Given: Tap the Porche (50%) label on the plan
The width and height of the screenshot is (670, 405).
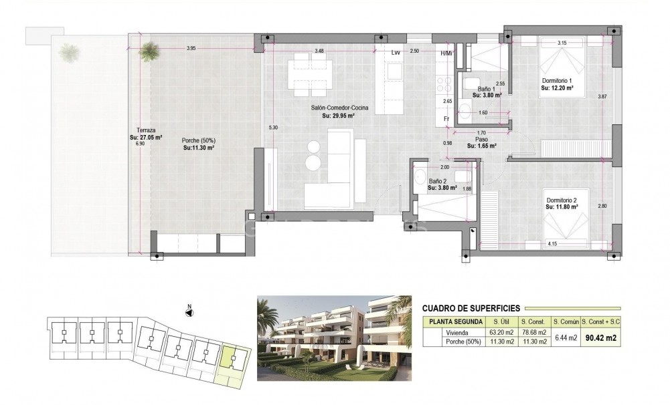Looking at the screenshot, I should (198, 140).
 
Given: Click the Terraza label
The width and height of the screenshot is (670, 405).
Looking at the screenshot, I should (143, 131).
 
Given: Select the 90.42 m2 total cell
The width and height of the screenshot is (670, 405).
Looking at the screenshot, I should (599, 338).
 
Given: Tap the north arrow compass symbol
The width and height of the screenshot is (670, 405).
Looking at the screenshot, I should (189, 309).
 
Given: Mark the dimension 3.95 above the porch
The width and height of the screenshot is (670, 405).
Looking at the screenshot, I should (191, 48).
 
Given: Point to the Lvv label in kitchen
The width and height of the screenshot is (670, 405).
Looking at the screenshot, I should (396, 52).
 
